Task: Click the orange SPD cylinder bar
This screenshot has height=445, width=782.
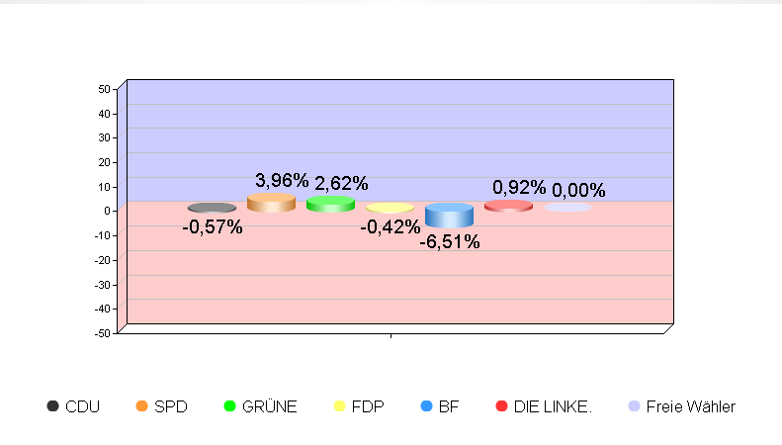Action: (271, 203)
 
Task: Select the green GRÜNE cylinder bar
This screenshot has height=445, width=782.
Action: (330, 204)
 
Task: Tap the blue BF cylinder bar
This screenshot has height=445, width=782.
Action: (449, 215)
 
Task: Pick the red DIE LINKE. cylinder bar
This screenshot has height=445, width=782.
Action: (508, 206)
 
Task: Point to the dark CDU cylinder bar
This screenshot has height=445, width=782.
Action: (212, 208)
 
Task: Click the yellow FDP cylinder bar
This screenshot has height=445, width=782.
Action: (390, 208)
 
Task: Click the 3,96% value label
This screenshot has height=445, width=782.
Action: (282, 180)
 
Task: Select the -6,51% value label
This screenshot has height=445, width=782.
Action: (450, 241)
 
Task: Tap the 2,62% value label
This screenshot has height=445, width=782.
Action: (341, 183)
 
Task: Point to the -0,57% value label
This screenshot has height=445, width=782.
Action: (213, 227)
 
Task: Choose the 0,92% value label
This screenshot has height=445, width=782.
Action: (519, 188)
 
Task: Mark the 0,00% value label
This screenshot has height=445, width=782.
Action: (578, 190)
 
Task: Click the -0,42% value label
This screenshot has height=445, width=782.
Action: (391, 227)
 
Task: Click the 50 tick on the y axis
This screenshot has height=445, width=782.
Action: (104, 89)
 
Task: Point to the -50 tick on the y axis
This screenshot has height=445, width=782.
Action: (102, 333)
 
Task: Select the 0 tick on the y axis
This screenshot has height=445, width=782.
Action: (107, 211)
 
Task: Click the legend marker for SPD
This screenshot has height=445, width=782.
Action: (141, 406)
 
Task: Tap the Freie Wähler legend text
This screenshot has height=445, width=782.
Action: (690, 406)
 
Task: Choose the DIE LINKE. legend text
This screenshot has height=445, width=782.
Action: (553, 406)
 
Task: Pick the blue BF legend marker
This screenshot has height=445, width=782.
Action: (426, 406)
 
